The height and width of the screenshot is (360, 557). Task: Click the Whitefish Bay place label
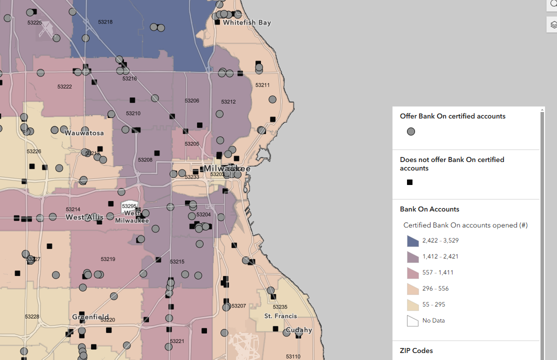(x=247, y=22)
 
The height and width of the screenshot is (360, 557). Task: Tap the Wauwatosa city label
(x=84, y=133)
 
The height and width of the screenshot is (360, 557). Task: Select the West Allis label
(x=84, y=217)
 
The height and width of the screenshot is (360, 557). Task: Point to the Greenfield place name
(x=90, y=317)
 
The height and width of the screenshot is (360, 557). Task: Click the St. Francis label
(x=280, y=316)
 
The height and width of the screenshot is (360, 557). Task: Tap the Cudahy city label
(x=298, y=330)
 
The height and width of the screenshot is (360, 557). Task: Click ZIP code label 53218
(x=105, y=22)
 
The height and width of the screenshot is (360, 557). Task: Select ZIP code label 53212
(x=228, y=102)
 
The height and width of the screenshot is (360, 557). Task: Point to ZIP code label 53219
(x=108, y=259)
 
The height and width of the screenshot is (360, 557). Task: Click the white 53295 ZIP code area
(x=129, y=206)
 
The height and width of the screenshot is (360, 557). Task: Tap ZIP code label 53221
(x=177, y=341)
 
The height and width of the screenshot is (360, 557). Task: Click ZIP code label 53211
(x=262, y=85)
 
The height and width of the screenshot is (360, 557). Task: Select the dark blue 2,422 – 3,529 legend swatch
(x=412, y=241)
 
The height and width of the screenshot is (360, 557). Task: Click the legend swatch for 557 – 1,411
(x=412, y=273)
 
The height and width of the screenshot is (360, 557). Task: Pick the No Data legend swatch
(x=412, y=321)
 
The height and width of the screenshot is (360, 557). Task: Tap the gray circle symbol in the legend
(x=410, y=132)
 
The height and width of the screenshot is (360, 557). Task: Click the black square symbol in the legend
(x=409, y=182)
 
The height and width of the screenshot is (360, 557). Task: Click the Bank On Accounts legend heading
(x=429, y=209)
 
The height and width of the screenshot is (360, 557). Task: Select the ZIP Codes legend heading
(x=416, y=350)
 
